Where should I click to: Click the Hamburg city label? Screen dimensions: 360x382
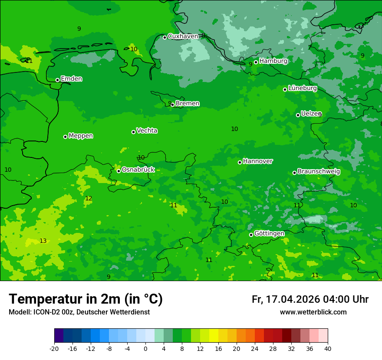point(273,61)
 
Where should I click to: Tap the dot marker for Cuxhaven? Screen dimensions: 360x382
point(165,37)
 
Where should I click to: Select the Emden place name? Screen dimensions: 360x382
point(71,79)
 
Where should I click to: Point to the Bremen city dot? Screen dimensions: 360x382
point(172,105)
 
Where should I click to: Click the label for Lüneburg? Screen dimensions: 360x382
point(302,88)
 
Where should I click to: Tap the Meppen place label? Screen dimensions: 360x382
point(81,136)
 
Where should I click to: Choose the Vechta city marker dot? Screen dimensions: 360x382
point(133,132)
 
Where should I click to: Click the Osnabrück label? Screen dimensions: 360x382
point(138,170)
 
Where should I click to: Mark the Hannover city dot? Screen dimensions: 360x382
point(240,162)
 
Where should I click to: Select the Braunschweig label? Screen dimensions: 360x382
point(319,172)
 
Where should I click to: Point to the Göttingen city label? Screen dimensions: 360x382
point(269,233)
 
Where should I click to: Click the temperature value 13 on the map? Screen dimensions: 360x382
point(43,241)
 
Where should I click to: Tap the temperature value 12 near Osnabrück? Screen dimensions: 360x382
point(89,198)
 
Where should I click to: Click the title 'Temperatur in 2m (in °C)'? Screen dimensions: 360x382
point(86,299)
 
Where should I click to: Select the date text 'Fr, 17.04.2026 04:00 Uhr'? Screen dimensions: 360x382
point(310,299)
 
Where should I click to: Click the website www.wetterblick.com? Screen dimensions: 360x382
point(313,312)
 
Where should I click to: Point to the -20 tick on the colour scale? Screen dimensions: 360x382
point(54,349)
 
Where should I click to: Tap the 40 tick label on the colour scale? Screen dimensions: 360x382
point(328,349)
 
